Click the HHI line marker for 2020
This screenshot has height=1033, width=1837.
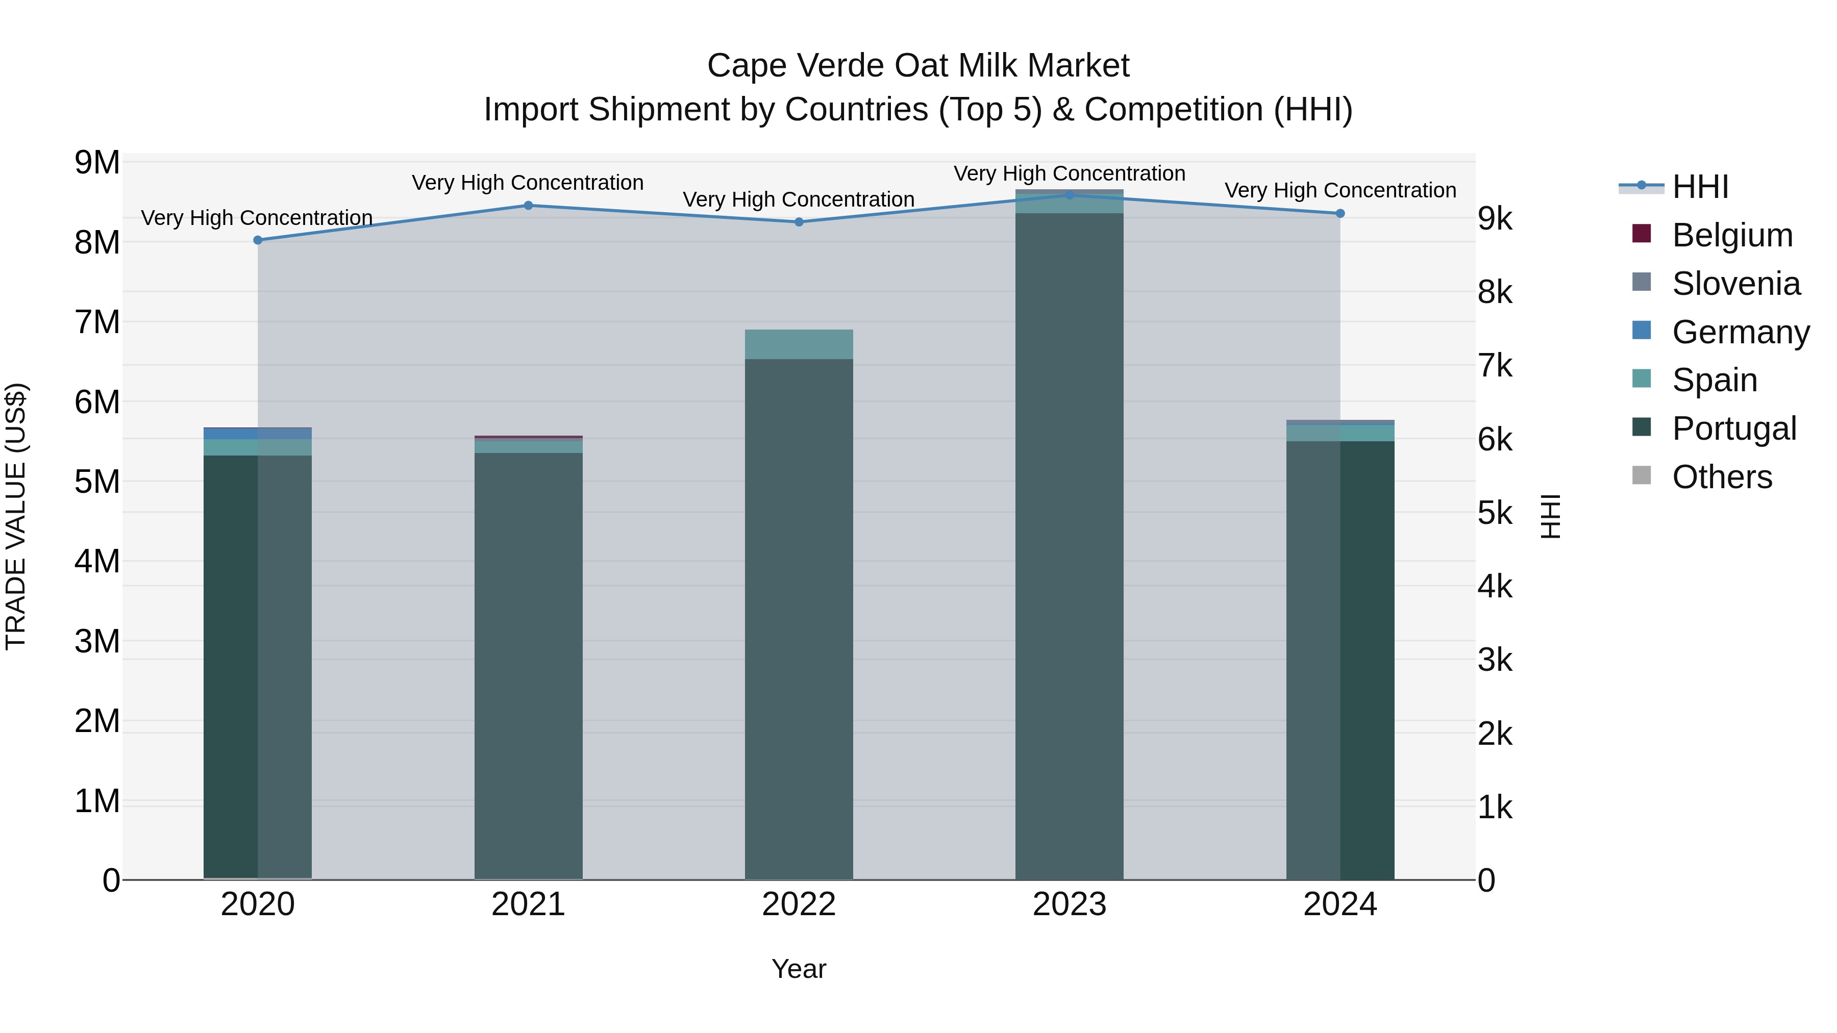pos(258,240)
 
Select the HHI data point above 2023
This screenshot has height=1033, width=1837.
pos(1069,195)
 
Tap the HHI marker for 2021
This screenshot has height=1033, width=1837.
pos(529,205)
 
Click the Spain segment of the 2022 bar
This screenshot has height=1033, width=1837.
pos(799,344)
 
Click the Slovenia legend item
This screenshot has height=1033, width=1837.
pos(1736,284)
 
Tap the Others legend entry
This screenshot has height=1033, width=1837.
pos(1722,477)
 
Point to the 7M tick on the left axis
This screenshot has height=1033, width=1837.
pos(97,322)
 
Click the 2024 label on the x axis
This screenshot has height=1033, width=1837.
pos(1340,904)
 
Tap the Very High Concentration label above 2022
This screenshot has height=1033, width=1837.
pos(799,199)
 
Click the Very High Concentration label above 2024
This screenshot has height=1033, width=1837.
pos(1340,190)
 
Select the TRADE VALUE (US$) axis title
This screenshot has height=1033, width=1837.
pos(16,516)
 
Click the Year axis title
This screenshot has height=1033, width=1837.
pos(799,969)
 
